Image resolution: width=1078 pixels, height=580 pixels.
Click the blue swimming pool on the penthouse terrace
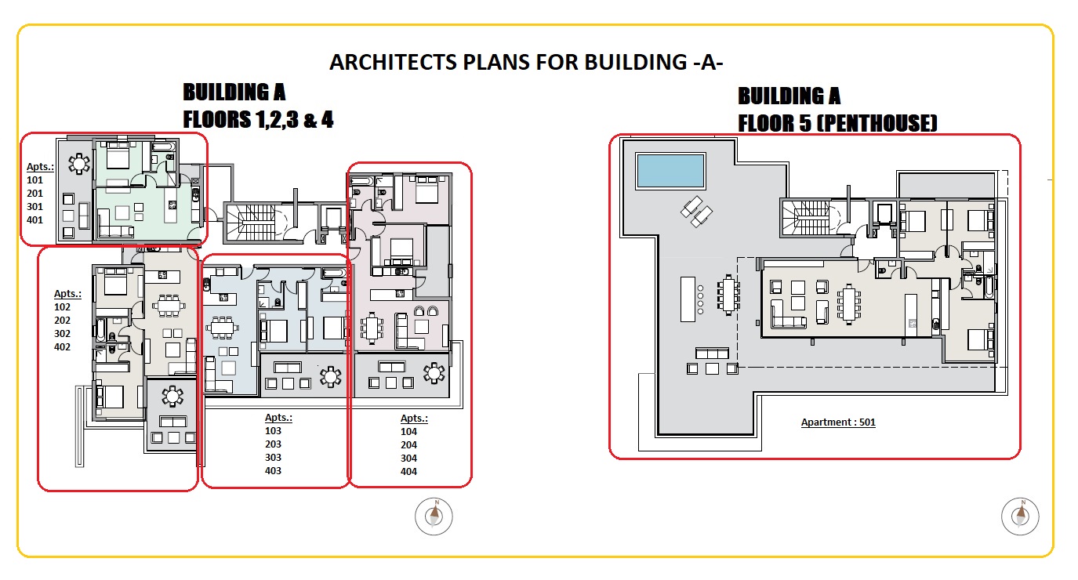click(670, 171)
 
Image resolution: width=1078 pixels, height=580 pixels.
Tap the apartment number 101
click(34, 179)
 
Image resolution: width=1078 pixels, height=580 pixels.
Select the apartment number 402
click(62, 346)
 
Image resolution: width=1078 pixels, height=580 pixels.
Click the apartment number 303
click(273, 458)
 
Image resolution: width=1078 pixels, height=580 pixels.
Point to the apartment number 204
click(408, 445)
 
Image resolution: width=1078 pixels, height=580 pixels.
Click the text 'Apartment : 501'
click(838, 422)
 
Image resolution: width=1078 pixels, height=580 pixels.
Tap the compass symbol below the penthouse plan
click(1020, 517)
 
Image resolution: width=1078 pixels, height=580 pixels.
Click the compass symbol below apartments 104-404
click(434, 517)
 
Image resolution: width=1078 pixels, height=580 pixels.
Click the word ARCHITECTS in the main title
click(393, 62)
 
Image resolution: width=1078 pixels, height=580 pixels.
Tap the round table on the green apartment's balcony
click(79, 164)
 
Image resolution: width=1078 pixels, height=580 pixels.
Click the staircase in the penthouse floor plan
click(804, 218)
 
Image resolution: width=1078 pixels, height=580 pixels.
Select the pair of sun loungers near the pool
click(696, 211)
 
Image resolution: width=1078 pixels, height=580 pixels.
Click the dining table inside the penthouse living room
click(848, 303)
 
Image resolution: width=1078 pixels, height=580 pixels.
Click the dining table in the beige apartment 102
click(169, 306)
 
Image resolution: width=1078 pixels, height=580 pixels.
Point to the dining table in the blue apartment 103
click(222, 328)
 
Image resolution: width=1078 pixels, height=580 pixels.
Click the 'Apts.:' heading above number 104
click(414, 419)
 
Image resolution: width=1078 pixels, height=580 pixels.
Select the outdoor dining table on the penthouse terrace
click(728, 295)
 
